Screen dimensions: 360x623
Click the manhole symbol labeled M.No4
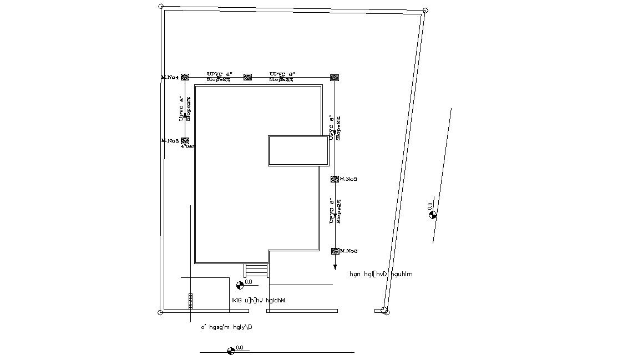(x=185, y=77)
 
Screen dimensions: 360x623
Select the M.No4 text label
(x=170, y=77)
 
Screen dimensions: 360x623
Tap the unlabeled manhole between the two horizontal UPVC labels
(x=247, y=77)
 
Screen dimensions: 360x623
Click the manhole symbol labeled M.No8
(x=335, y=251)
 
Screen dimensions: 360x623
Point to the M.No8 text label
(x=348, y=251)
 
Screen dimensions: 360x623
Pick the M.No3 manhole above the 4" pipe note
(x=185, y=141)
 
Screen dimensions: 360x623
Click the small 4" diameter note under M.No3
(x=188, y=147)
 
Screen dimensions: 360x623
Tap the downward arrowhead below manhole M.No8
(x=335, y=267)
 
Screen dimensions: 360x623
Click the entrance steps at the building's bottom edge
(x=256, y=270)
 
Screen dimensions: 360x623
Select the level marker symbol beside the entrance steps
(x=240, y=285)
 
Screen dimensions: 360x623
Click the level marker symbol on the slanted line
(x=433, y=215)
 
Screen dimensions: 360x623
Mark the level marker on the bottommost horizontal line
(x=231, y=351)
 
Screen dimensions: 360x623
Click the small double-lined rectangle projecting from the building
(x=298, y=150)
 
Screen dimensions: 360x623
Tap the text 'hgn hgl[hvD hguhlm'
(x=381, y=274)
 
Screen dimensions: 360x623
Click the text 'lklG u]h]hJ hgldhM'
(x=258, y=300)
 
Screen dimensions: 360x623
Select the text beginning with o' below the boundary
(x=226, y=327)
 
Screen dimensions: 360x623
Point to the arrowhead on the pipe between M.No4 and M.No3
(x=185, y=115)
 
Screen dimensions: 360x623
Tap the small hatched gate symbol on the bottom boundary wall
(x=190, y=301)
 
